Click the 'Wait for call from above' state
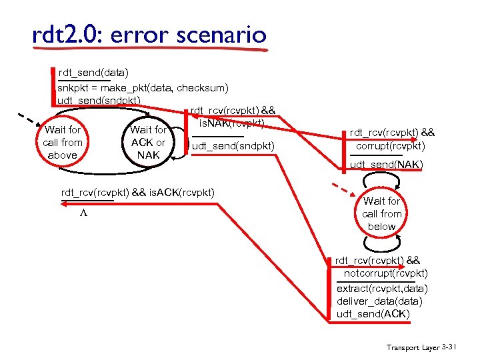tap(62, 143)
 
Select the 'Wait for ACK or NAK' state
tap(148, 143)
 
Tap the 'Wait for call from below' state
tap(382, 213)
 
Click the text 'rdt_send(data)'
tap(93, 71)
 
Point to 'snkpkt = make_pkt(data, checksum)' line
tap(143, 87)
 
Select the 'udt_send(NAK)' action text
tap(386, 164)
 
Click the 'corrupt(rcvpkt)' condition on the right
tap(390, 145)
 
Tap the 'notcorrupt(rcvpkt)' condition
tap(385, 273)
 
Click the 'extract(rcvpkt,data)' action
tap(382, 289)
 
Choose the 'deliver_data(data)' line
tap(379, 301)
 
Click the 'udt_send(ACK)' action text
tap(373, 314)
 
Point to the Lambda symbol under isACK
tap(83, 215)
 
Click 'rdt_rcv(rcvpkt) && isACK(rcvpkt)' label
tap(138, 193)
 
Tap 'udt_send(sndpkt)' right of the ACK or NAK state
tap(233, 145)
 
